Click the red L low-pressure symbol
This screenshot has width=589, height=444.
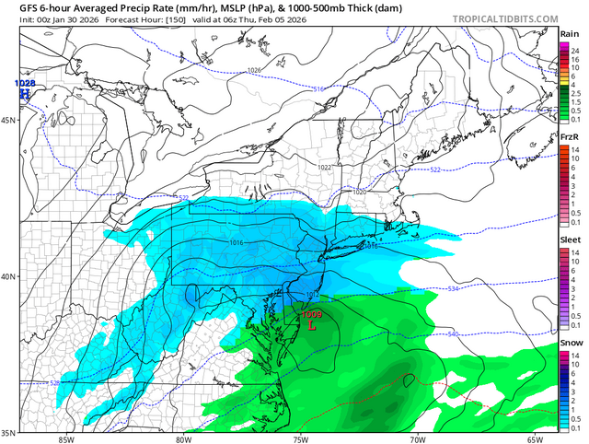(x=312, y=325)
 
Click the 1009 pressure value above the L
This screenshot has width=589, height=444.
(x=312, y=314)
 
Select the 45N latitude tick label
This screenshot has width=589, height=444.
(x=9, y=121)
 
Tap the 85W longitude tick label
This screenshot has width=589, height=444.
(x=64, y=438)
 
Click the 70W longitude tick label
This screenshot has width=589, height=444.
(x=415, y=438)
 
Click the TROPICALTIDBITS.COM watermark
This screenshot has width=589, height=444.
(x=504, y=18)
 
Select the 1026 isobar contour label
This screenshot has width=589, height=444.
(x=254, y=71)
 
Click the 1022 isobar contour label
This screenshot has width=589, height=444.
(x=324, y=167)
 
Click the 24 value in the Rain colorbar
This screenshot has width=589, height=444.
(x=573, y=49)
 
